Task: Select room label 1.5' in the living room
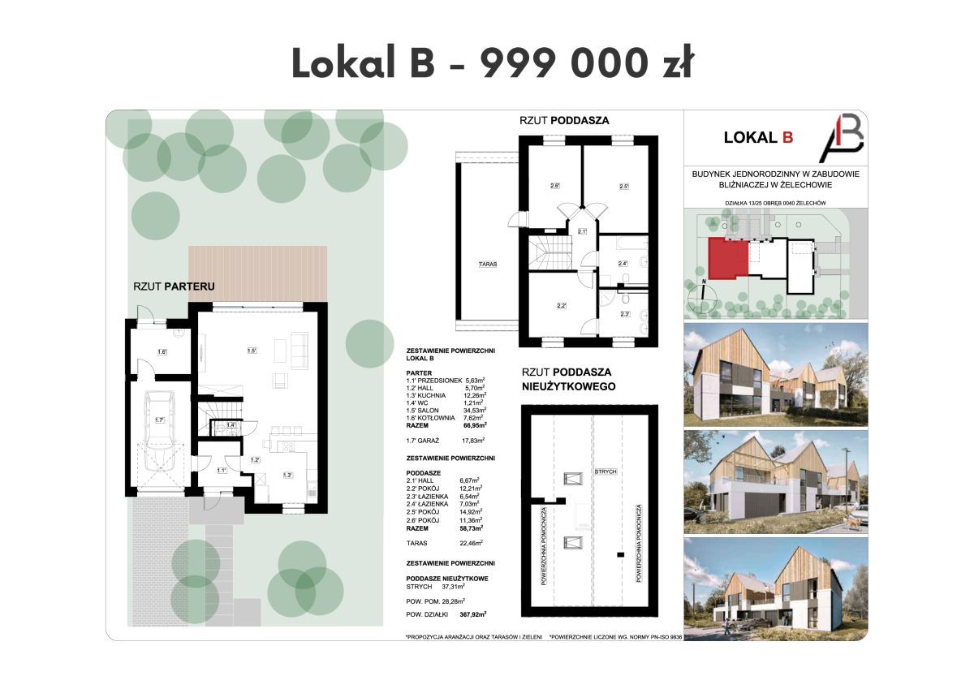[252, 350]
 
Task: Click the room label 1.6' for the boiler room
[162, 352]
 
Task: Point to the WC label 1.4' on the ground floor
[230, 425]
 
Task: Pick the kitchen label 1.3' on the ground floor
[287, 475]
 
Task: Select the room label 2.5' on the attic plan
[624, 187]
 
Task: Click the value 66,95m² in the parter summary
[474, 424]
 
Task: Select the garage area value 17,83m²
[472, 440]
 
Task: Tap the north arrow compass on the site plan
[700, 296]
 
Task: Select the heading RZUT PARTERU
[174, 286]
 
